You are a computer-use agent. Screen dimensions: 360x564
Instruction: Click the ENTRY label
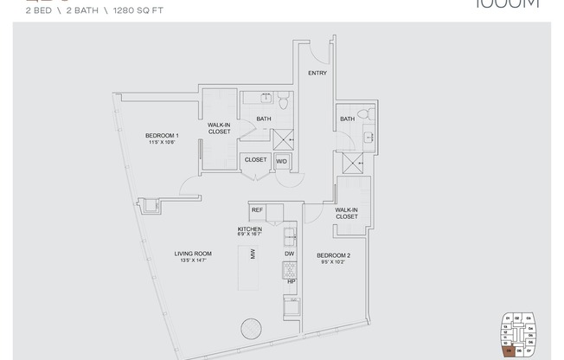pyautogui.click(x=317, y=74)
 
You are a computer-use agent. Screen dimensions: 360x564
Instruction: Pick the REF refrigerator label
pyautogui.click(x=257, y=210)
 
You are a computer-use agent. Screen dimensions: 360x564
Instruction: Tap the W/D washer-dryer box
pyautogui.click(x=281, y=161)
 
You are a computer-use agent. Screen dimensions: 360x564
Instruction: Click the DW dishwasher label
pyautogui.click(x=291, y=254)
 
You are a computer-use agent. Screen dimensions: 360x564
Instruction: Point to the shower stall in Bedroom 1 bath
pyautogui.click(x=282, y=138)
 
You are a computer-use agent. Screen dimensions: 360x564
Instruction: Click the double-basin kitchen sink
pyautogui.click(x=291, y=235)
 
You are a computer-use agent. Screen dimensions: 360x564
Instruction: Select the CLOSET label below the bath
pyautogui.click(x=255, y=160)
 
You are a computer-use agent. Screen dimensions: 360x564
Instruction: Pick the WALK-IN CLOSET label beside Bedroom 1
pyautogui.click(x=219, y=129)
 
